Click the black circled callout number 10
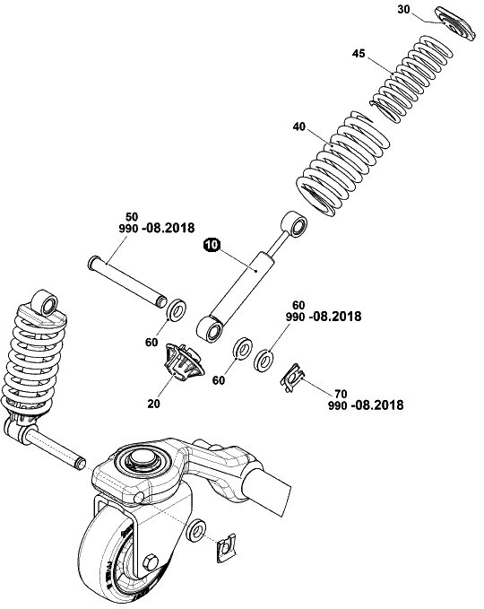tap(212, 246)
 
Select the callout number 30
tap(403, 9)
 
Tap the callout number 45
tap(359, 53)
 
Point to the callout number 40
tap(299, 126)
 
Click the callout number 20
tap(153, 404)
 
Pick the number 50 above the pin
tap(132, 217)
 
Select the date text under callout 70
tap(366, 405)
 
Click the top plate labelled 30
tap(455, 23)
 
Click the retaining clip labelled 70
tap(292, 378)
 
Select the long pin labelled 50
tap(127, 282)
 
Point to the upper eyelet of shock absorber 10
tap(294, 224)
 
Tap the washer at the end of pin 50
tap(177, 310)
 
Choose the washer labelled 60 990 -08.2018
tap(264, 360)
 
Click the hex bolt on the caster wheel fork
tap(151, 562)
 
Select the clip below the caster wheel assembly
tap(227, 547)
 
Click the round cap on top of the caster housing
tap(143, 458)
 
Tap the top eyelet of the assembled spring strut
tap(45, 303)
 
